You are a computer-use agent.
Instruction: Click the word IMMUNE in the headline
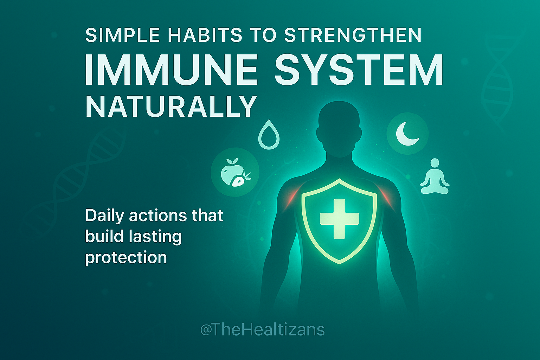click(171, 70)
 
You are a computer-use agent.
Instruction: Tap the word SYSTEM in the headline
click(359, 70)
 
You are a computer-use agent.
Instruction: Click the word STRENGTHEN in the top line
click(353, 35)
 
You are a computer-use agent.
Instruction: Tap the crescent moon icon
click(407, 134)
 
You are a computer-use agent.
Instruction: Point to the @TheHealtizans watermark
click(262, 330)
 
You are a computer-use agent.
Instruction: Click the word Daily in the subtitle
click(104, 216)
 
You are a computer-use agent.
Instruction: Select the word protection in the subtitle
click(126, 257)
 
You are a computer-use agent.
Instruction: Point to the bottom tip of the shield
click(339, 262)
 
